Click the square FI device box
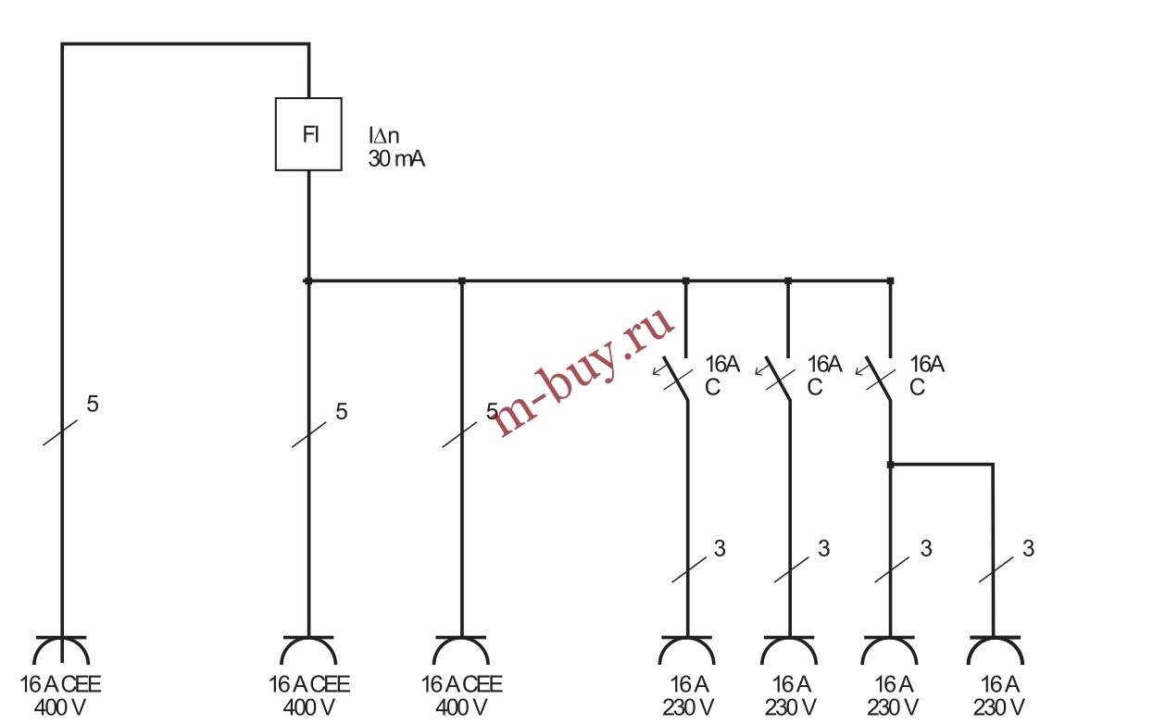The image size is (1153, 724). [x=308, y=134]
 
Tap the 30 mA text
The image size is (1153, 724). [x=397, y=159]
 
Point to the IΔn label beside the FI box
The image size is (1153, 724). [x=384, y=136]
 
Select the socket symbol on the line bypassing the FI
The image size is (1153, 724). [x=61, y=651]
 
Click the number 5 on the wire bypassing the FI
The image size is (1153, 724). [x=93, y=404]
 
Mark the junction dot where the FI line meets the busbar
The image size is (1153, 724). [x=308, y=281]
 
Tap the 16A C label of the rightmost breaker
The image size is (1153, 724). [x=926, y=376]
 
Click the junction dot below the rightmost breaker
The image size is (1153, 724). [x=890, y=464]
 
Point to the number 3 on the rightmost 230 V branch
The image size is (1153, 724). [x=1028, y=548]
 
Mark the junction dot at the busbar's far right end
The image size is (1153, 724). [x=890, y=281]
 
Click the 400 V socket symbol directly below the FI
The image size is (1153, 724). [x=308, y=651]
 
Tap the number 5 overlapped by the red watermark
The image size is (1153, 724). [x=492, y=411]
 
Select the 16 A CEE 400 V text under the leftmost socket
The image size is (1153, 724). [x=61, y=696]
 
